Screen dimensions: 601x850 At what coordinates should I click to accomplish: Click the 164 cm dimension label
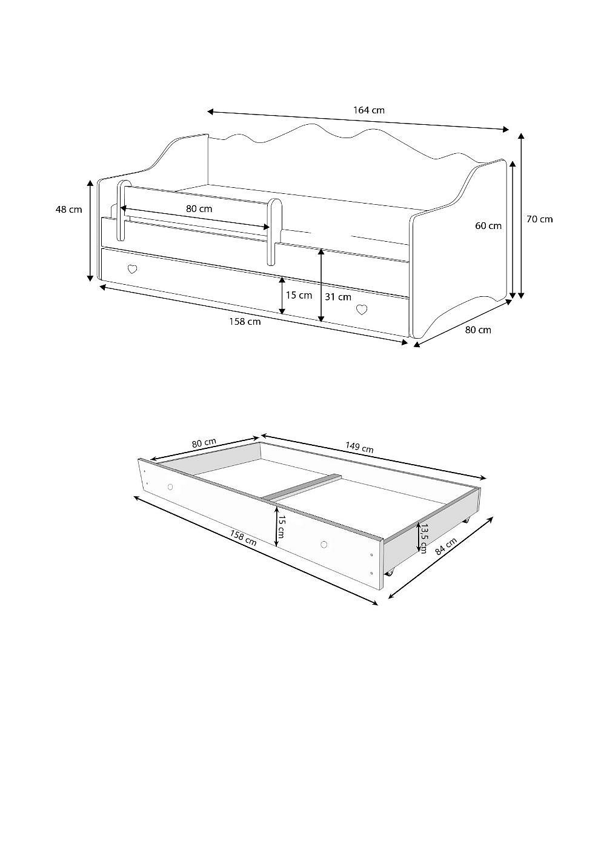coord(369,110)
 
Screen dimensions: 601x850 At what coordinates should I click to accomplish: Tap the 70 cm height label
coord(540,219)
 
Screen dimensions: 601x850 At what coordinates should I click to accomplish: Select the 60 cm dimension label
coord(488,226)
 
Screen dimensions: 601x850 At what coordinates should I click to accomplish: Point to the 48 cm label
coord(68,209)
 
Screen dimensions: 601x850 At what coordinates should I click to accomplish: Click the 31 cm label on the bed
coord(338,297)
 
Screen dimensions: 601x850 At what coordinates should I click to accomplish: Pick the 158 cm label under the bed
coord(245,322)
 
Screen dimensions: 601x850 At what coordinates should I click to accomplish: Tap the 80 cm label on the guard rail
coord(199,208)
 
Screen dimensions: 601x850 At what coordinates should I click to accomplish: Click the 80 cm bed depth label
coord(478,330)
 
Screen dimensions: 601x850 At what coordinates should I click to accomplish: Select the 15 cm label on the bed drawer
coord(299,295)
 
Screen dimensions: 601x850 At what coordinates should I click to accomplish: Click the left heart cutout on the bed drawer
coord(132,269)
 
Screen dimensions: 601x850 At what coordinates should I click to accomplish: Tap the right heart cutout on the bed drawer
coord(362,310)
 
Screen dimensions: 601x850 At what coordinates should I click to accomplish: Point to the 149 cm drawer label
coord(359,447)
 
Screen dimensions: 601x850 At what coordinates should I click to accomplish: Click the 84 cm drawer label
coord(446,547)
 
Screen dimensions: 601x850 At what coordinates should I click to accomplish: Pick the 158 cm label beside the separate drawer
coord(243,537)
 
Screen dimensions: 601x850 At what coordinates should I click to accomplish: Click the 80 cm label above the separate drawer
coord(204,443)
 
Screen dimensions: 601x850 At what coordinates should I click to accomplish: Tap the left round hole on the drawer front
coord(170,486)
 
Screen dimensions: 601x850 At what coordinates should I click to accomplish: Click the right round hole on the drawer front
coord(324,545)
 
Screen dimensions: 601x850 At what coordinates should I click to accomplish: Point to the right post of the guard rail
coord(274,232)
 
